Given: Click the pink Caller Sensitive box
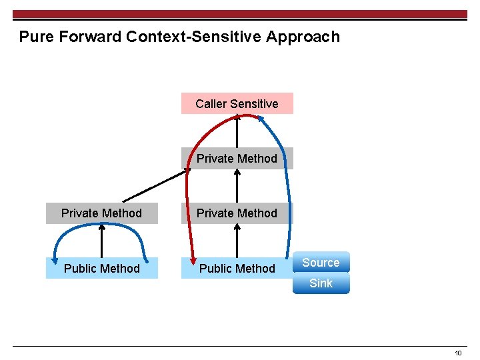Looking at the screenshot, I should tap(237, 103).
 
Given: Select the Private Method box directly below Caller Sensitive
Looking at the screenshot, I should tap(237, 158).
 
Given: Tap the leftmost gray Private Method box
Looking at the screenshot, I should tap(101, 213).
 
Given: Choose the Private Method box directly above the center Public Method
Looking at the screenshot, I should tap(237, 213).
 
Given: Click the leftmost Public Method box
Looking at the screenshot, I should tap(101, 268).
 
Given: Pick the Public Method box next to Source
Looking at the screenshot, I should tap(237, 268).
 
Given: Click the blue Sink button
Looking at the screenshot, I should tap(321, 283).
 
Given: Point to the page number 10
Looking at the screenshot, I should tap(458, 353).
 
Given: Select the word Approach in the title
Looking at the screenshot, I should tap(303, 37).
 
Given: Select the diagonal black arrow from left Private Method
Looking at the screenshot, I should tap(156, 185).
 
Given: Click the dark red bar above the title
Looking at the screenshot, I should tap(240, 14).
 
